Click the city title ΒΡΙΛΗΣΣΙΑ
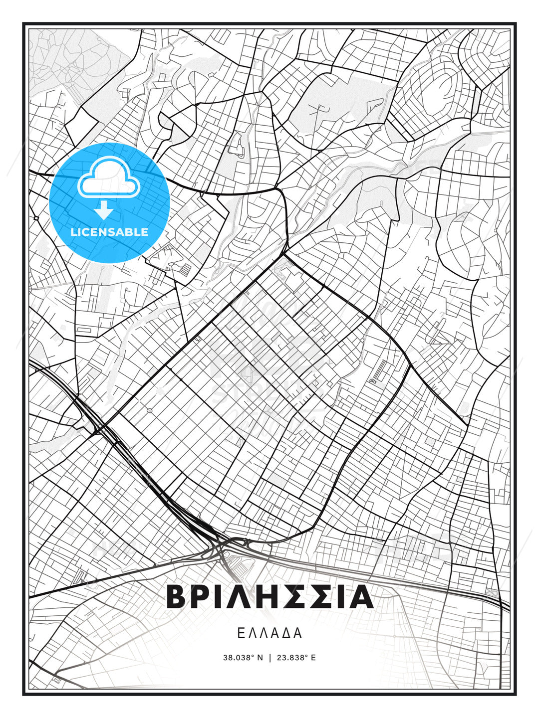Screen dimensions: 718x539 pos(269,596)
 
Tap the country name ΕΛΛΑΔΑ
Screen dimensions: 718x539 pos(269,633)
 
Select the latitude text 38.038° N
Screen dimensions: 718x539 pos(243,658)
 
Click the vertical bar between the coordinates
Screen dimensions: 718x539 pos(269,658)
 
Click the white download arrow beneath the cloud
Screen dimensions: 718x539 pos(104,210)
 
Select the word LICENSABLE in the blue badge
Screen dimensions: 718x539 pos(109,232)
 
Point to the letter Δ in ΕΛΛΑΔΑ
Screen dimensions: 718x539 pos(287,633)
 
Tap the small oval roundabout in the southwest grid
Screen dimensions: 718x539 pos(150,410)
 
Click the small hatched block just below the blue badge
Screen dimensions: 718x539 pos(185,270)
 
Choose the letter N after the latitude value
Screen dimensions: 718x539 pos(260,658)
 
